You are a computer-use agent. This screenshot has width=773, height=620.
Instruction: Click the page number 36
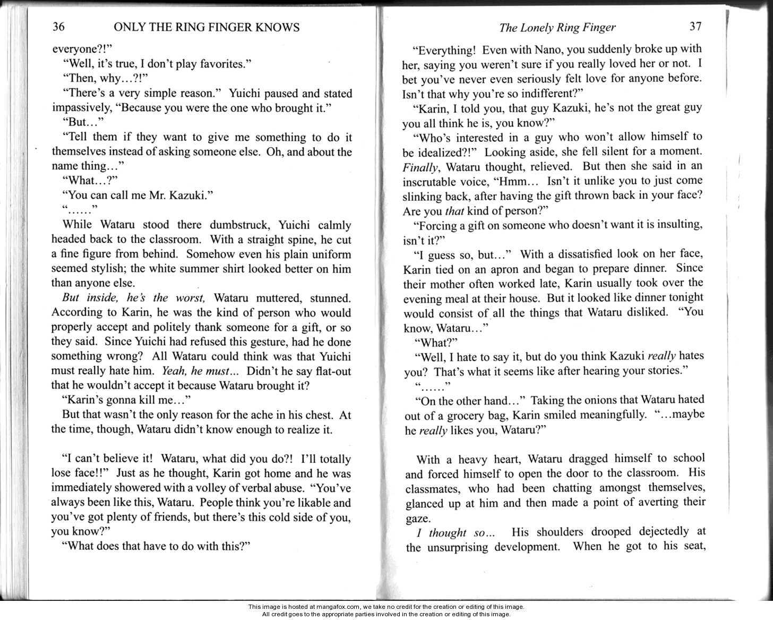pos(58,27)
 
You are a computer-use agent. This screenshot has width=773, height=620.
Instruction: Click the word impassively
pos(80,108)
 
